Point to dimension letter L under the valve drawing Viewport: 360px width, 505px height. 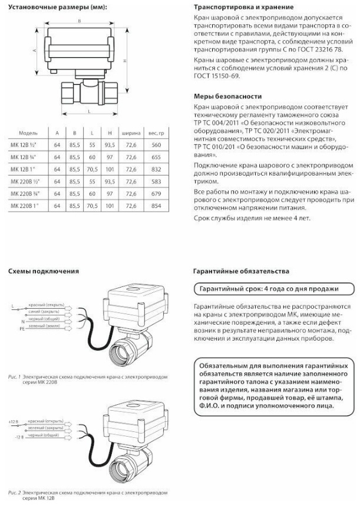pos(88,111)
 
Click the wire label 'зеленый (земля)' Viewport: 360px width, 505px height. pos(48,326)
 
